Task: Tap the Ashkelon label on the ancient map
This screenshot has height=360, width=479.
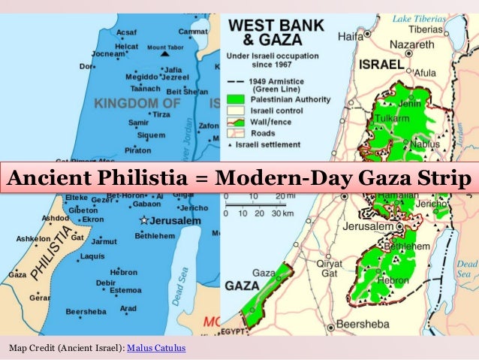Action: coord(32,238)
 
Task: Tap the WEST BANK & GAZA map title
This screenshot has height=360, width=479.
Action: coord(276,32)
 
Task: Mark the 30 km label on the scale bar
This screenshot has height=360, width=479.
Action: coord(282,212)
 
